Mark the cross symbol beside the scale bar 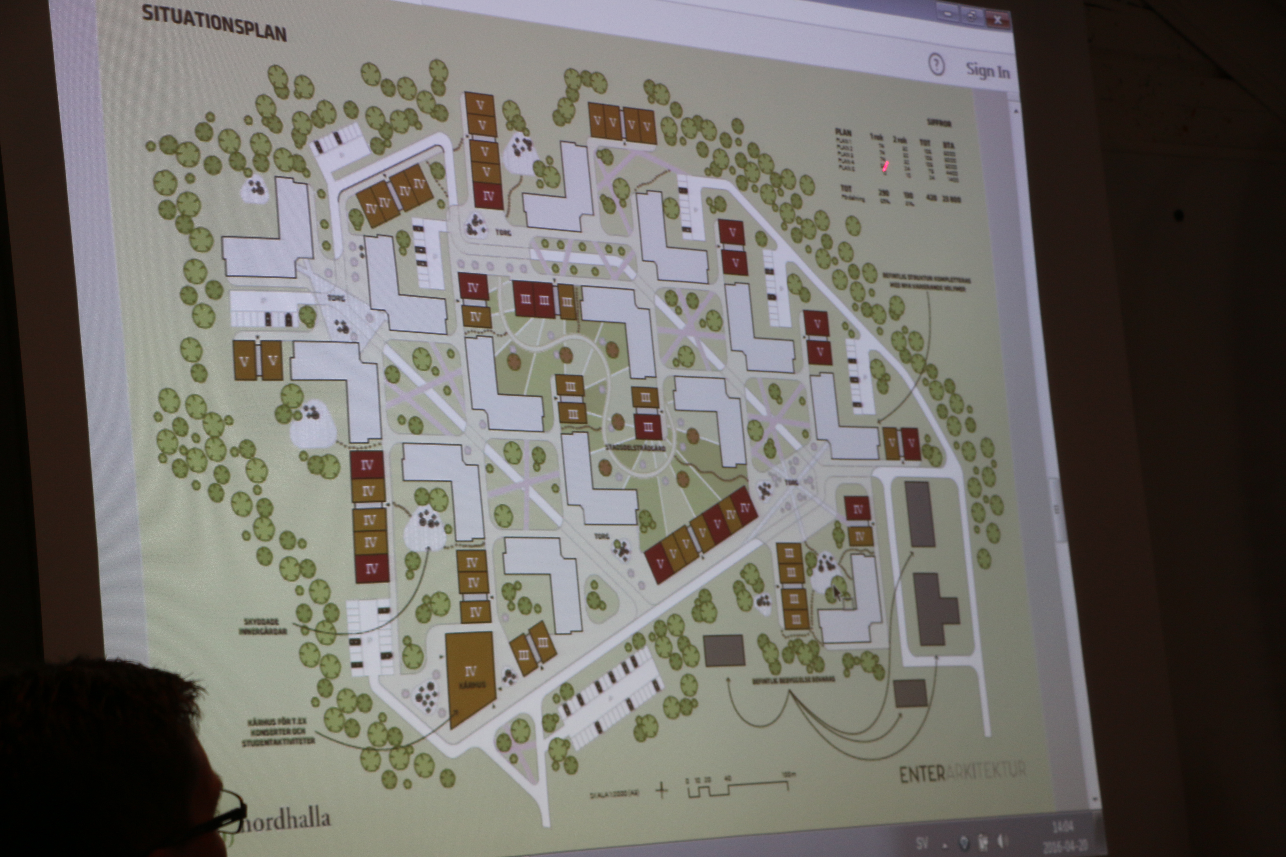point(662,790)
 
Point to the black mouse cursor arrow point(837,593)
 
